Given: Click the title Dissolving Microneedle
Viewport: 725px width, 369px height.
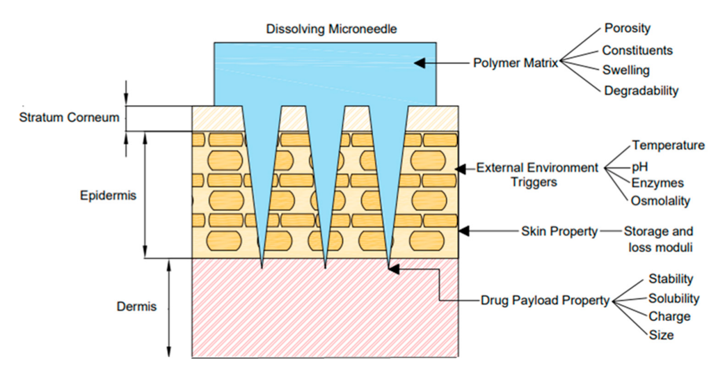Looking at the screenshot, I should click(x=331, y=29).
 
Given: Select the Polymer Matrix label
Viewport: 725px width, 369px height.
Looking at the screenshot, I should click(x=515, y=63).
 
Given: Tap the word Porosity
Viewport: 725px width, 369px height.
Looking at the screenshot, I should click(x=627, y=28).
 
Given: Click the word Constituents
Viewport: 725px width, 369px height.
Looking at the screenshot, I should click(x=637, y=50).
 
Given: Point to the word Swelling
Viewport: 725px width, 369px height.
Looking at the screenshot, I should click(x=625, y=70).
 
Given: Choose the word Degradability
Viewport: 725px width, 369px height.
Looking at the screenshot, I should click(x=641, y=90).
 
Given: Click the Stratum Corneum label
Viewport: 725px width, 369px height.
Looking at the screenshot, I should click(x=69, y=118).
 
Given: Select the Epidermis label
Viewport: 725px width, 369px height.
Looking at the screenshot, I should click(x=108, y=195).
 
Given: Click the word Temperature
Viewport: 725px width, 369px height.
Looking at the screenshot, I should click(x=668, y=145).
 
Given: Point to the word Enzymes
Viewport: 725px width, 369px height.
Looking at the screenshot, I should click(x=657, y=183).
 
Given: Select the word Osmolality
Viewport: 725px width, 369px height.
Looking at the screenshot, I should click(x=660, y=201).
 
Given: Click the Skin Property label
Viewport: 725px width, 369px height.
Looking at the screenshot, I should click(x=559, y=231).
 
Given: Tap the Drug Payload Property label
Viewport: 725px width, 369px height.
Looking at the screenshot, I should click(x=545, y=300).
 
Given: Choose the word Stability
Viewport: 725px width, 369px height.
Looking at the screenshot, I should click(x=670, y=279).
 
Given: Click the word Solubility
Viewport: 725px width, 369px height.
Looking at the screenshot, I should click(x=673, y=298).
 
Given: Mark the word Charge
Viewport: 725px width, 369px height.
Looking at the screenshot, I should click(x=669, y=316).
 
